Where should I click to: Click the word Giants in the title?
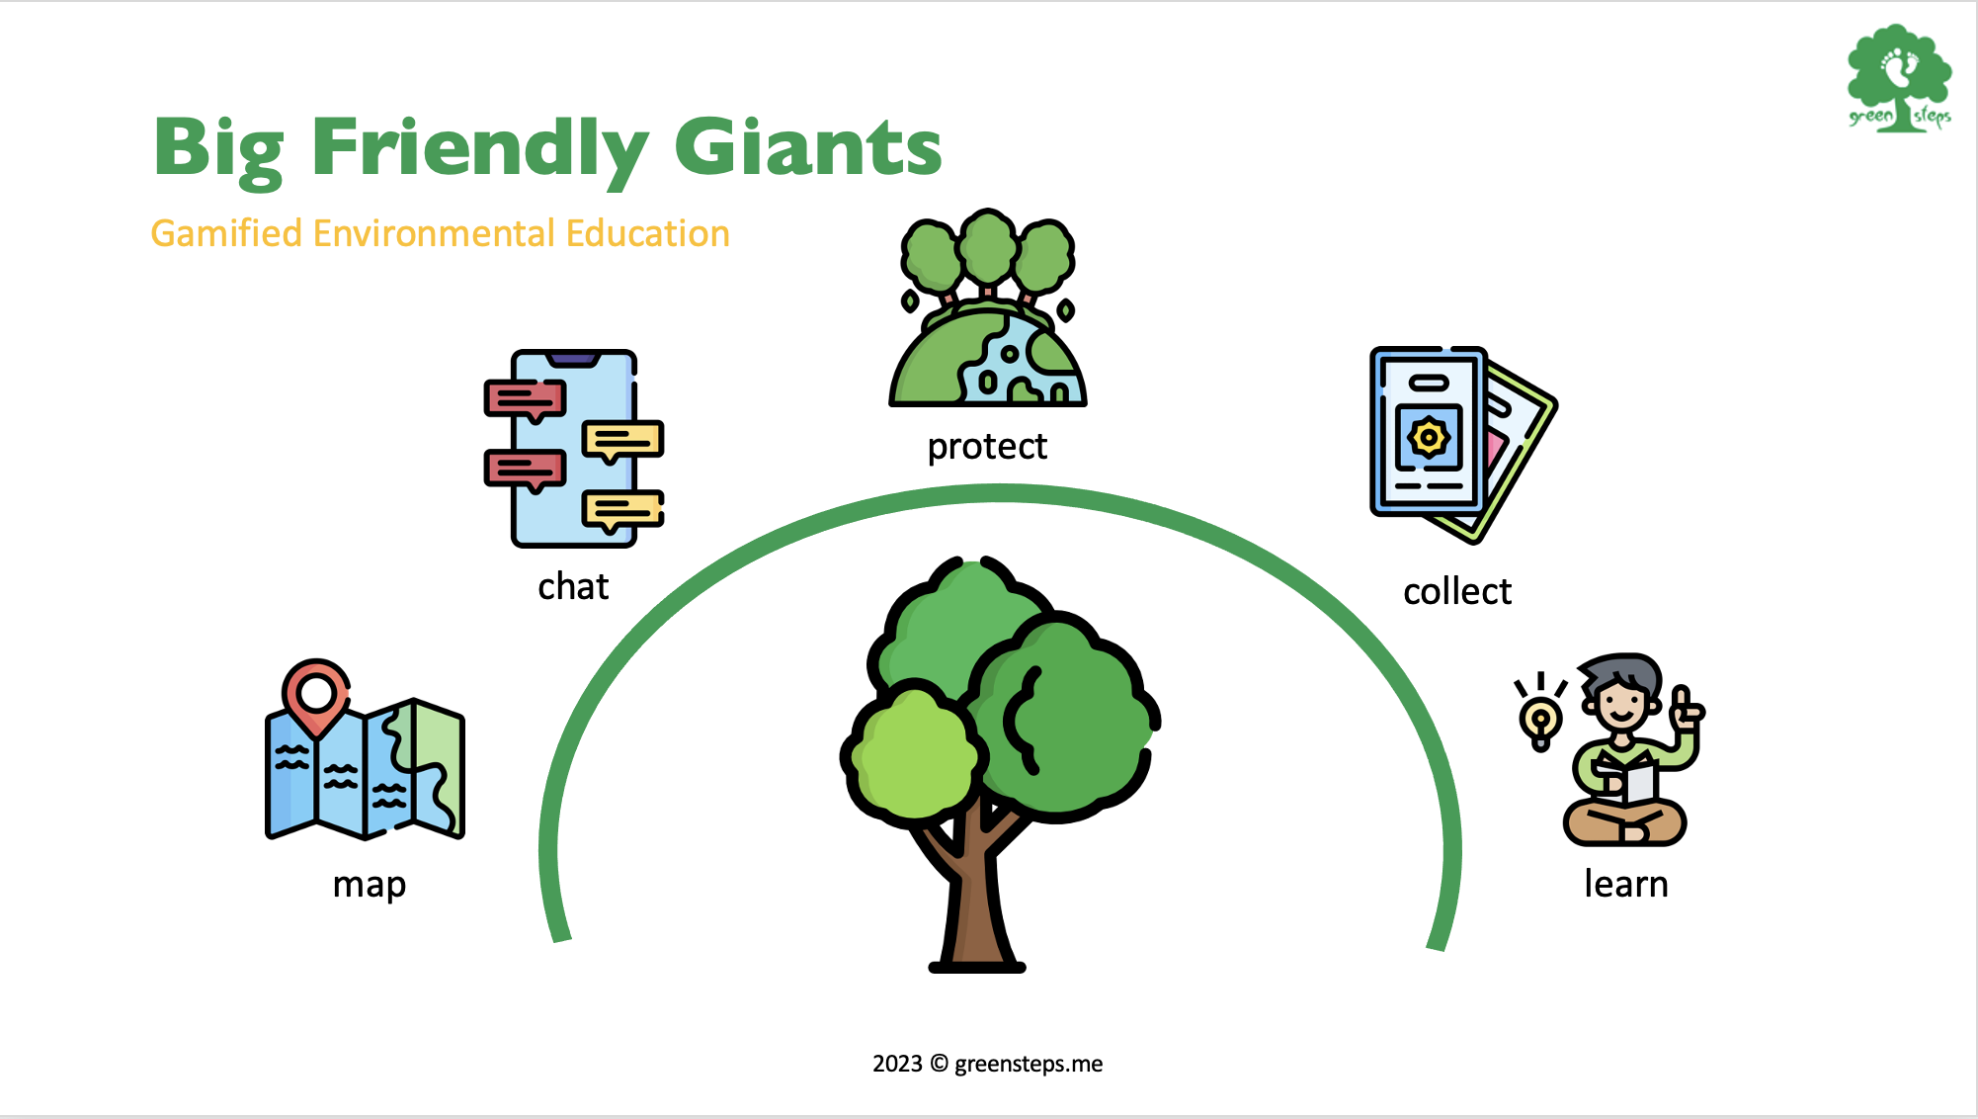808,146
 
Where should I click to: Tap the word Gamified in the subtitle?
226,233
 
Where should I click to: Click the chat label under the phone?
573,586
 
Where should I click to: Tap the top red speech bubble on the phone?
525,400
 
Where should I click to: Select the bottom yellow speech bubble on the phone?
622,512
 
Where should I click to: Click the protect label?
987,447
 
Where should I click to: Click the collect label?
1457,591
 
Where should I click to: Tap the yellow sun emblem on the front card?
1429,437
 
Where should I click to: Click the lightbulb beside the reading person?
1540,719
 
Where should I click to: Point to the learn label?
1626,884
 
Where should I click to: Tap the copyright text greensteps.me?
1029,1065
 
